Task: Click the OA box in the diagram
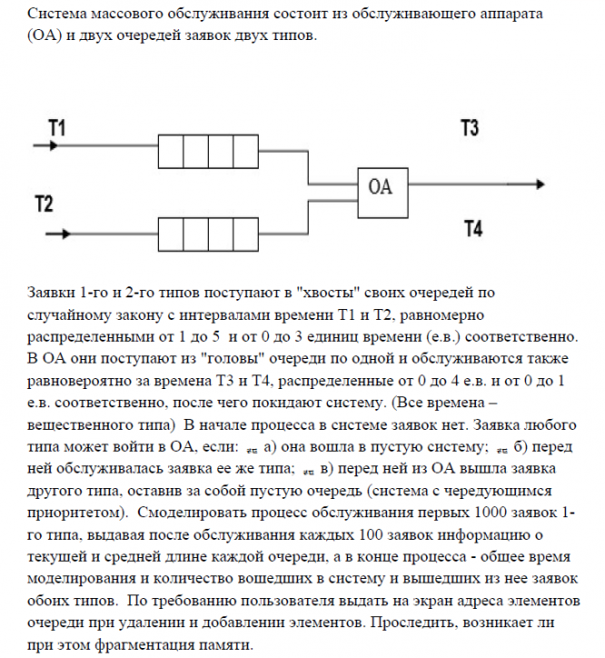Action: point(382,187)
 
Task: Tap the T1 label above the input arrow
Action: point(55,128)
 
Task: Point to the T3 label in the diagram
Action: point(470,127)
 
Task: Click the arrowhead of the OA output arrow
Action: point(539,187)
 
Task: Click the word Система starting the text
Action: point(55,16)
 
